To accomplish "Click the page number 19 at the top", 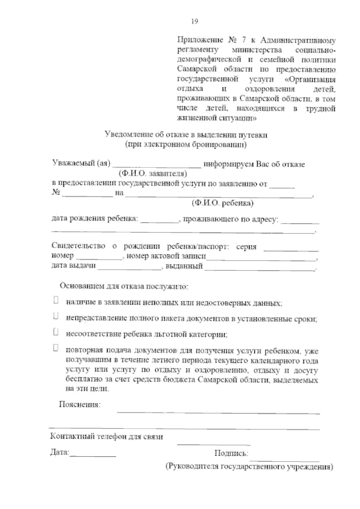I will (x=194, y=22).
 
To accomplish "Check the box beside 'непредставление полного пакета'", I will (x=55, y=316).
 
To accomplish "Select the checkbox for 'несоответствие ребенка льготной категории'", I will (x=55, y=332).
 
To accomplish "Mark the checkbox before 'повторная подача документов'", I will (x=55, y=348).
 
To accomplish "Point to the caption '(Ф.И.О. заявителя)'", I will (x=153, y=174).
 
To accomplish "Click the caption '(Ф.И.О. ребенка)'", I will (x=223, y=203).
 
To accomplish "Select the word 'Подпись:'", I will (x=231, y=453).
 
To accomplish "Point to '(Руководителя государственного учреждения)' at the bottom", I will (x=249, y=467).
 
